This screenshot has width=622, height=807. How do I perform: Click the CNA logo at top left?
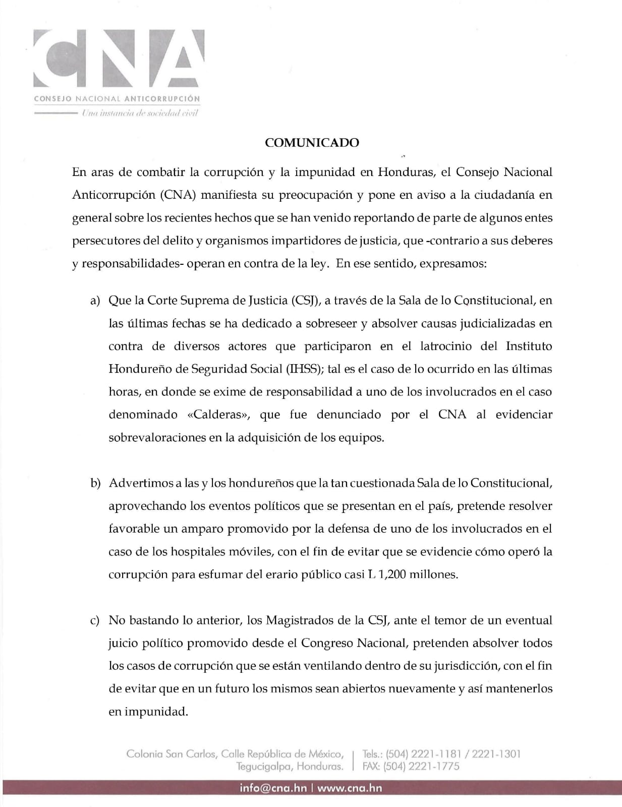119,58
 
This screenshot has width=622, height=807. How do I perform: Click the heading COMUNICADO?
312,143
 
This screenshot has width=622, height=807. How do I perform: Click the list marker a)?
95,301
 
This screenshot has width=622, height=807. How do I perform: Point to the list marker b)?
95,483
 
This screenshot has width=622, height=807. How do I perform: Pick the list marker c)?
95,620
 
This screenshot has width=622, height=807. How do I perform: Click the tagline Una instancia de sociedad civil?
140,113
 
